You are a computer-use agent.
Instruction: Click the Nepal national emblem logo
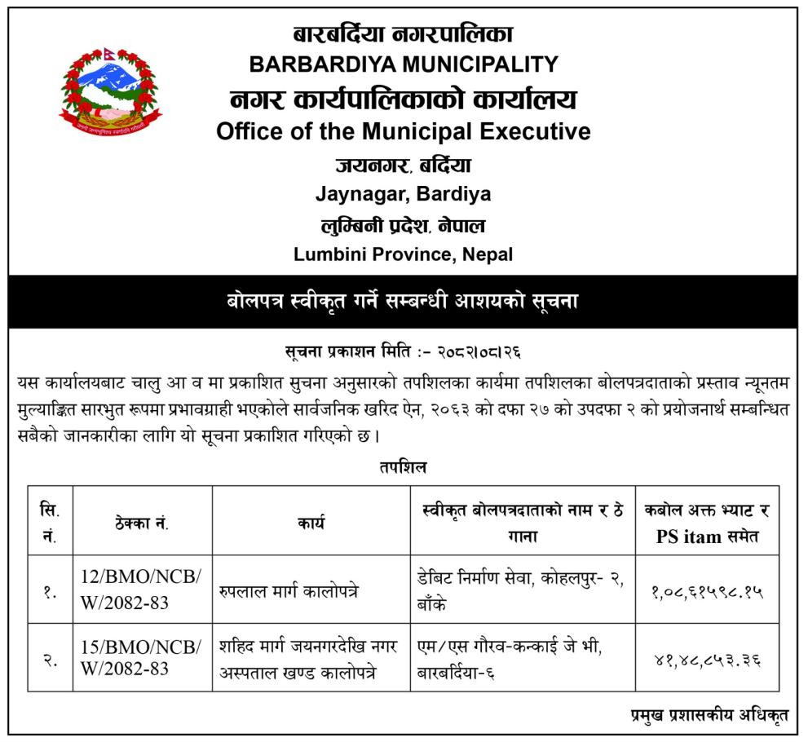click(110, 91)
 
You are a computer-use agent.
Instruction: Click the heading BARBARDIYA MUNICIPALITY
click(404, 64)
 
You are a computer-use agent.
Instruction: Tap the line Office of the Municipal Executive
click(404, 130)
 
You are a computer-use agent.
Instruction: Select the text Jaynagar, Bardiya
click(404, 194)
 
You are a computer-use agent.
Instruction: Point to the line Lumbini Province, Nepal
click(404, 254)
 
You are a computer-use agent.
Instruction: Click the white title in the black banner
click(404, 300)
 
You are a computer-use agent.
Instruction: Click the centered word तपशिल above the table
click(403, 467)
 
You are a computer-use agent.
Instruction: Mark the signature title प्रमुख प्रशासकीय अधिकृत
click(709, 716)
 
